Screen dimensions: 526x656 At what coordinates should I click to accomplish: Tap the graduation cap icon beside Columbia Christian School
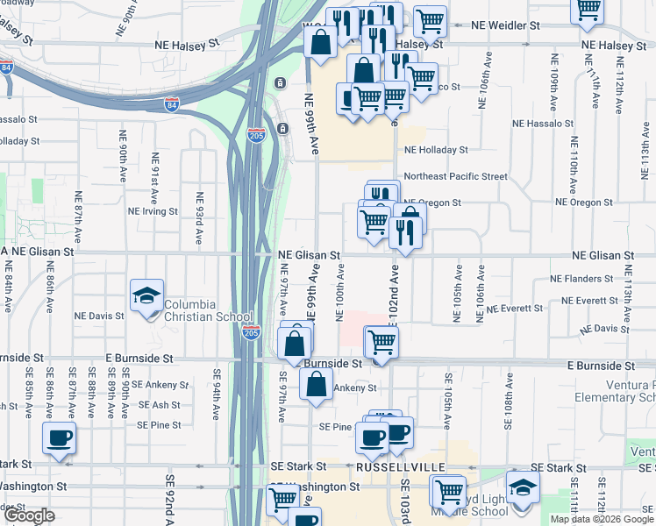pos(146,295)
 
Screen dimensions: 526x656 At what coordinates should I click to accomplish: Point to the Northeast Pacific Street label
pos(455,176)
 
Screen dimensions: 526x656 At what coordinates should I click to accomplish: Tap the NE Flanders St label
pos(581,279)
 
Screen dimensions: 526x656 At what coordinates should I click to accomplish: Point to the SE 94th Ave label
pos(216,389)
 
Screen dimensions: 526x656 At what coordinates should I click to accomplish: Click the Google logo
pos(28,515)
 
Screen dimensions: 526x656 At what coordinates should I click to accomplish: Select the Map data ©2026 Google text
pos(602,519)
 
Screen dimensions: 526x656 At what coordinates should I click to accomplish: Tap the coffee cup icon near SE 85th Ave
pos(59,437)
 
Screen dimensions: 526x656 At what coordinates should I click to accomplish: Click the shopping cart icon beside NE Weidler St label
pos(430,19)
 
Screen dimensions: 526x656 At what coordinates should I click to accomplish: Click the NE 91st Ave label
pos(154,174)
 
